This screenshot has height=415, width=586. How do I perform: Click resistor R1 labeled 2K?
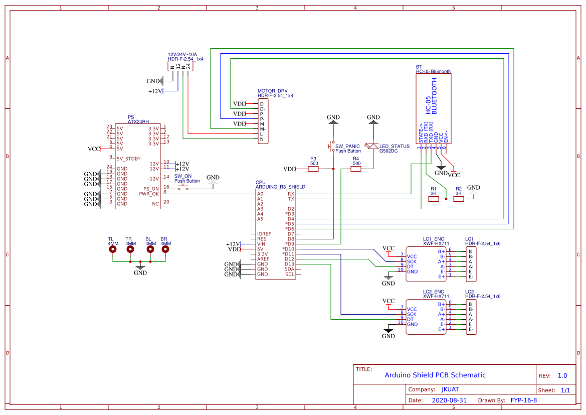point(434,199)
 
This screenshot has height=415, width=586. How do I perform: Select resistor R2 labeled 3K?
point(458,199)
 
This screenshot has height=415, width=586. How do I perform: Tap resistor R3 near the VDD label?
point(313,169)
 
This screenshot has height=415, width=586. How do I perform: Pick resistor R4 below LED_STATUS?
point(356,169)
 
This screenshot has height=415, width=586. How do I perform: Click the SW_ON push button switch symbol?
point(182,189)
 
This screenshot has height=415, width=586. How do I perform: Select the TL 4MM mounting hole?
point(113,249)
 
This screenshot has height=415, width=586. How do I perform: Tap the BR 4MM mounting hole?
point(165,249)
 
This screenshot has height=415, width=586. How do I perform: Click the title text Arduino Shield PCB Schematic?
point(435,375)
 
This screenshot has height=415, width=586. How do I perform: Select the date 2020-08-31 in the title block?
point(449,400)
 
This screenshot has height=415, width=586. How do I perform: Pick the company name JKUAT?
point(450,389)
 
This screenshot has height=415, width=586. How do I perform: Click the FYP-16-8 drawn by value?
point(523,400)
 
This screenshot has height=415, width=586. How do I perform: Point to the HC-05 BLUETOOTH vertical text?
point(431,96)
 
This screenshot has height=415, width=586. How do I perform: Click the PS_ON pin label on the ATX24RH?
point(151,189)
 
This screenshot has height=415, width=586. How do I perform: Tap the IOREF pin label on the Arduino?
point(264,234)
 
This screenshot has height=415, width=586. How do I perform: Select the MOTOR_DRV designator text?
point(272,91)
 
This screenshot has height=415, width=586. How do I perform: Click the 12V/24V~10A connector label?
point(182,54)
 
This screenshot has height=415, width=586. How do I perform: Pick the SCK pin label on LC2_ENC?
point(412,314)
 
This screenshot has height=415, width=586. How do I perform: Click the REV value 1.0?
point(562,375)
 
